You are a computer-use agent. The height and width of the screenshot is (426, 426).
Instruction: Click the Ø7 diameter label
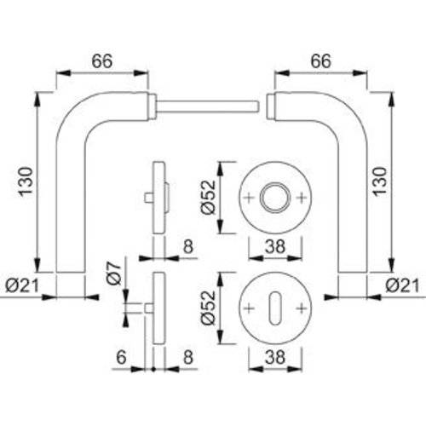(111, 273)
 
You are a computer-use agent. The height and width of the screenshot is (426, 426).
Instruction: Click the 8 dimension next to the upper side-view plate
(188, 246)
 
